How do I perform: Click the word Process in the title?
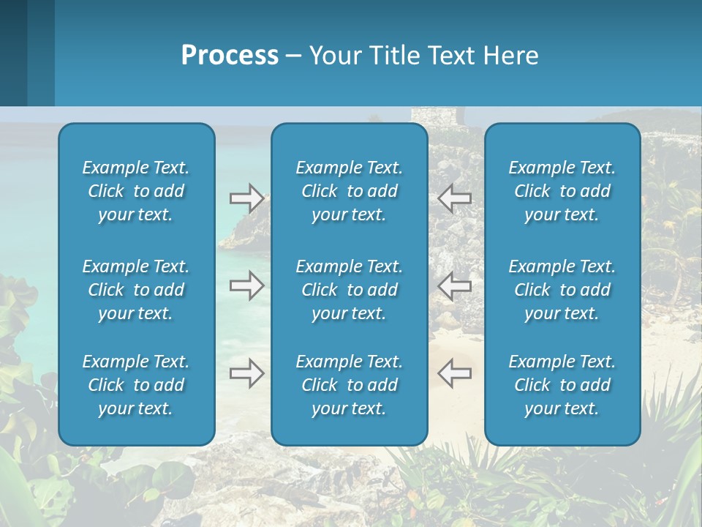[230, 56]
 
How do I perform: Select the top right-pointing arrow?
[246, 197]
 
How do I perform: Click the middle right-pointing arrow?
[246, 285]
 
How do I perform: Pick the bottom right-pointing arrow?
[246, 374]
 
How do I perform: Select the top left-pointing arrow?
[455, 197]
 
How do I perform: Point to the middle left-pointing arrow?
[455, 285]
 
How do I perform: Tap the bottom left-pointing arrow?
[455, 374]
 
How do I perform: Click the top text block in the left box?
[136, 191]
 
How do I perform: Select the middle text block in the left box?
[136, 290]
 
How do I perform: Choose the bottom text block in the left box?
[136, 385]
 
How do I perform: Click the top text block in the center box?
[350, 191]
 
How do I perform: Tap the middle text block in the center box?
[350, 290]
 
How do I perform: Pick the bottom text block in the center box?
[350, 385]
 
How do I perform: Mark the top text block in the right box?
[562, 191]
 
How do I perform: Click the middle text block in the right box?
[562, 290]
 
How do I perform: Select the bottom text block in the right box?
[562, 385]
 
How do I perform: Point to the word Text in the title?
[450, 56]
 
